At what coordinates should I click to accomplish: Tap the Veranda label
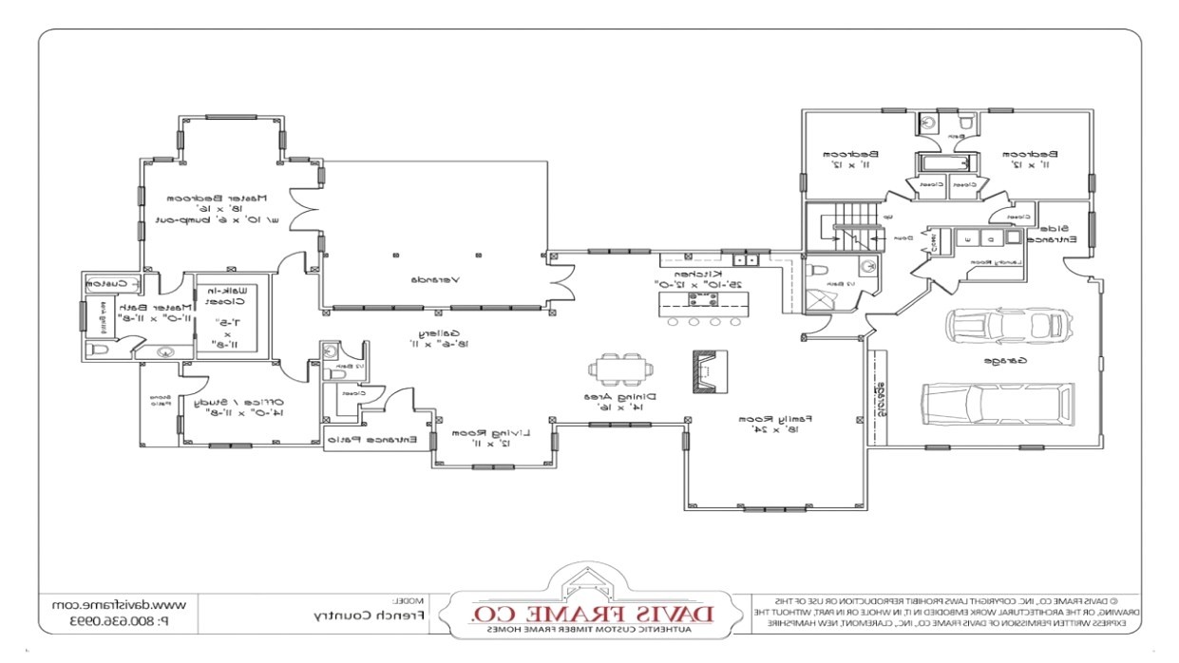click(436, 280)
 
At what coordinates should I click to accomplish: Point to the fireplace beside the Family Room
click(710, 370)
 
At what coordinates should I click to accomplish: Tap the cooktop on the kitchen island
click(703, 301)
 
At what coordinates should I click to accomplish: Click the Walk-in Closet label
click(233, 295)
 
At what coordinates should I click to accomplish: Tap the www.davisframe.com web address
click(118, 605)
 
